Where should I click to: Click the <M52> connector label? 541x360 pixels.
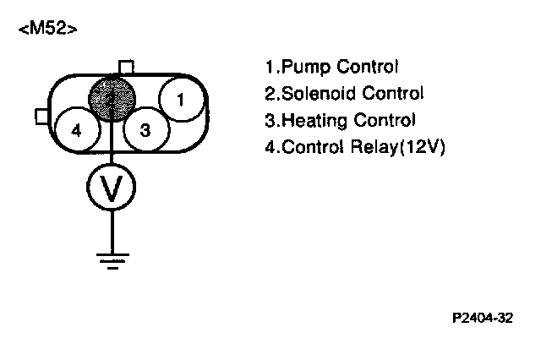(x=47, y=30)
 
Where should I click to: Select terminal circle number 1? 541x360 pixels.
(x=180, y=100)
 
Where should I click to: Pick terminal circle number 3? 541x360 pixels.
(x=145, y=130)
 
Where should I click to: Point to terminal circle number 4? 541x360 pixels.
(x=77, y=130)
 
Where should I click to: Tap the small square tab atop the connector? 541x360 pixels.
(x=125, y=67)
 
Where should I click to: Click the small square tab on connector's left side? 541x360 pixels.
(x=41, y=115)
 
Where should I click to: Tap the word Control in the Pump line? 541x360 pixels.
(x=366, y=67)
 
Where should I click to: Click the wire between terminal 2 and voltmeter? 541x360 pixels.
(x=112, y=144)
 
